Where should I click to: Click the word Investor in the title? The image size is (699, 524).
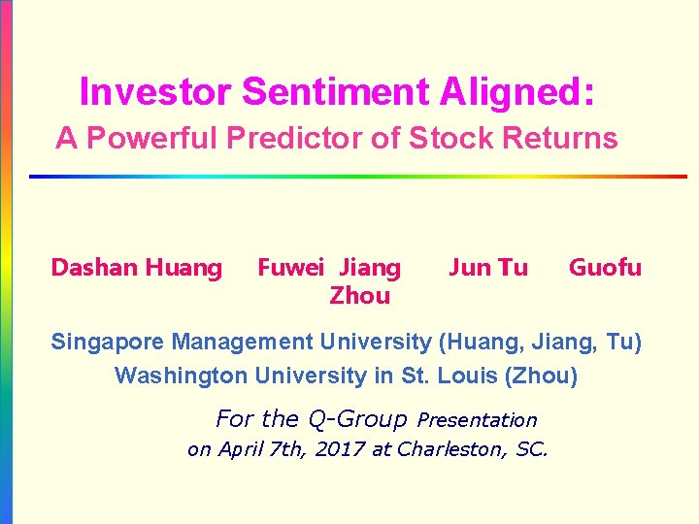pyautogui.click(x=155, y=93)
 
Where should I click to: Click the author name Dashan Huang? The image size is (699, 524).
pyautogui.click(x=136, y=268)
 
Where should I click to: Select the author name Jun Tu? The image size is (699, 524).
pyautogui.click(x=488, y=267)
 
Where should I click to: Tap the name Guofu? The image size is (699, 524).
pyautogui.click(x=605, y=267)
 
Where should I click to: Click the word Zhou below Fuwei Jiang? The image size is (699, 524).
pyautogui.click(x=359, y=295)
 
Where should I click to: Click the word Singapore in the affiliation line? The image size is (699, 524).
pyautogui.click(x=109, y=343)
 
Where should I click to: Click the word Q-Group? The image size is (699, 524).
pyautogui.click(x=356, y=419)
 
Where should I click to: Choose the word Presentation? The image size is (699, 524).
pyautogui.click(x=477, y=420)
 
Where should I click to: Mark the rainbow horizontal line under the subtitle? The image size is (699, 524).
pyautogui.click(x=357, y=177)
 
